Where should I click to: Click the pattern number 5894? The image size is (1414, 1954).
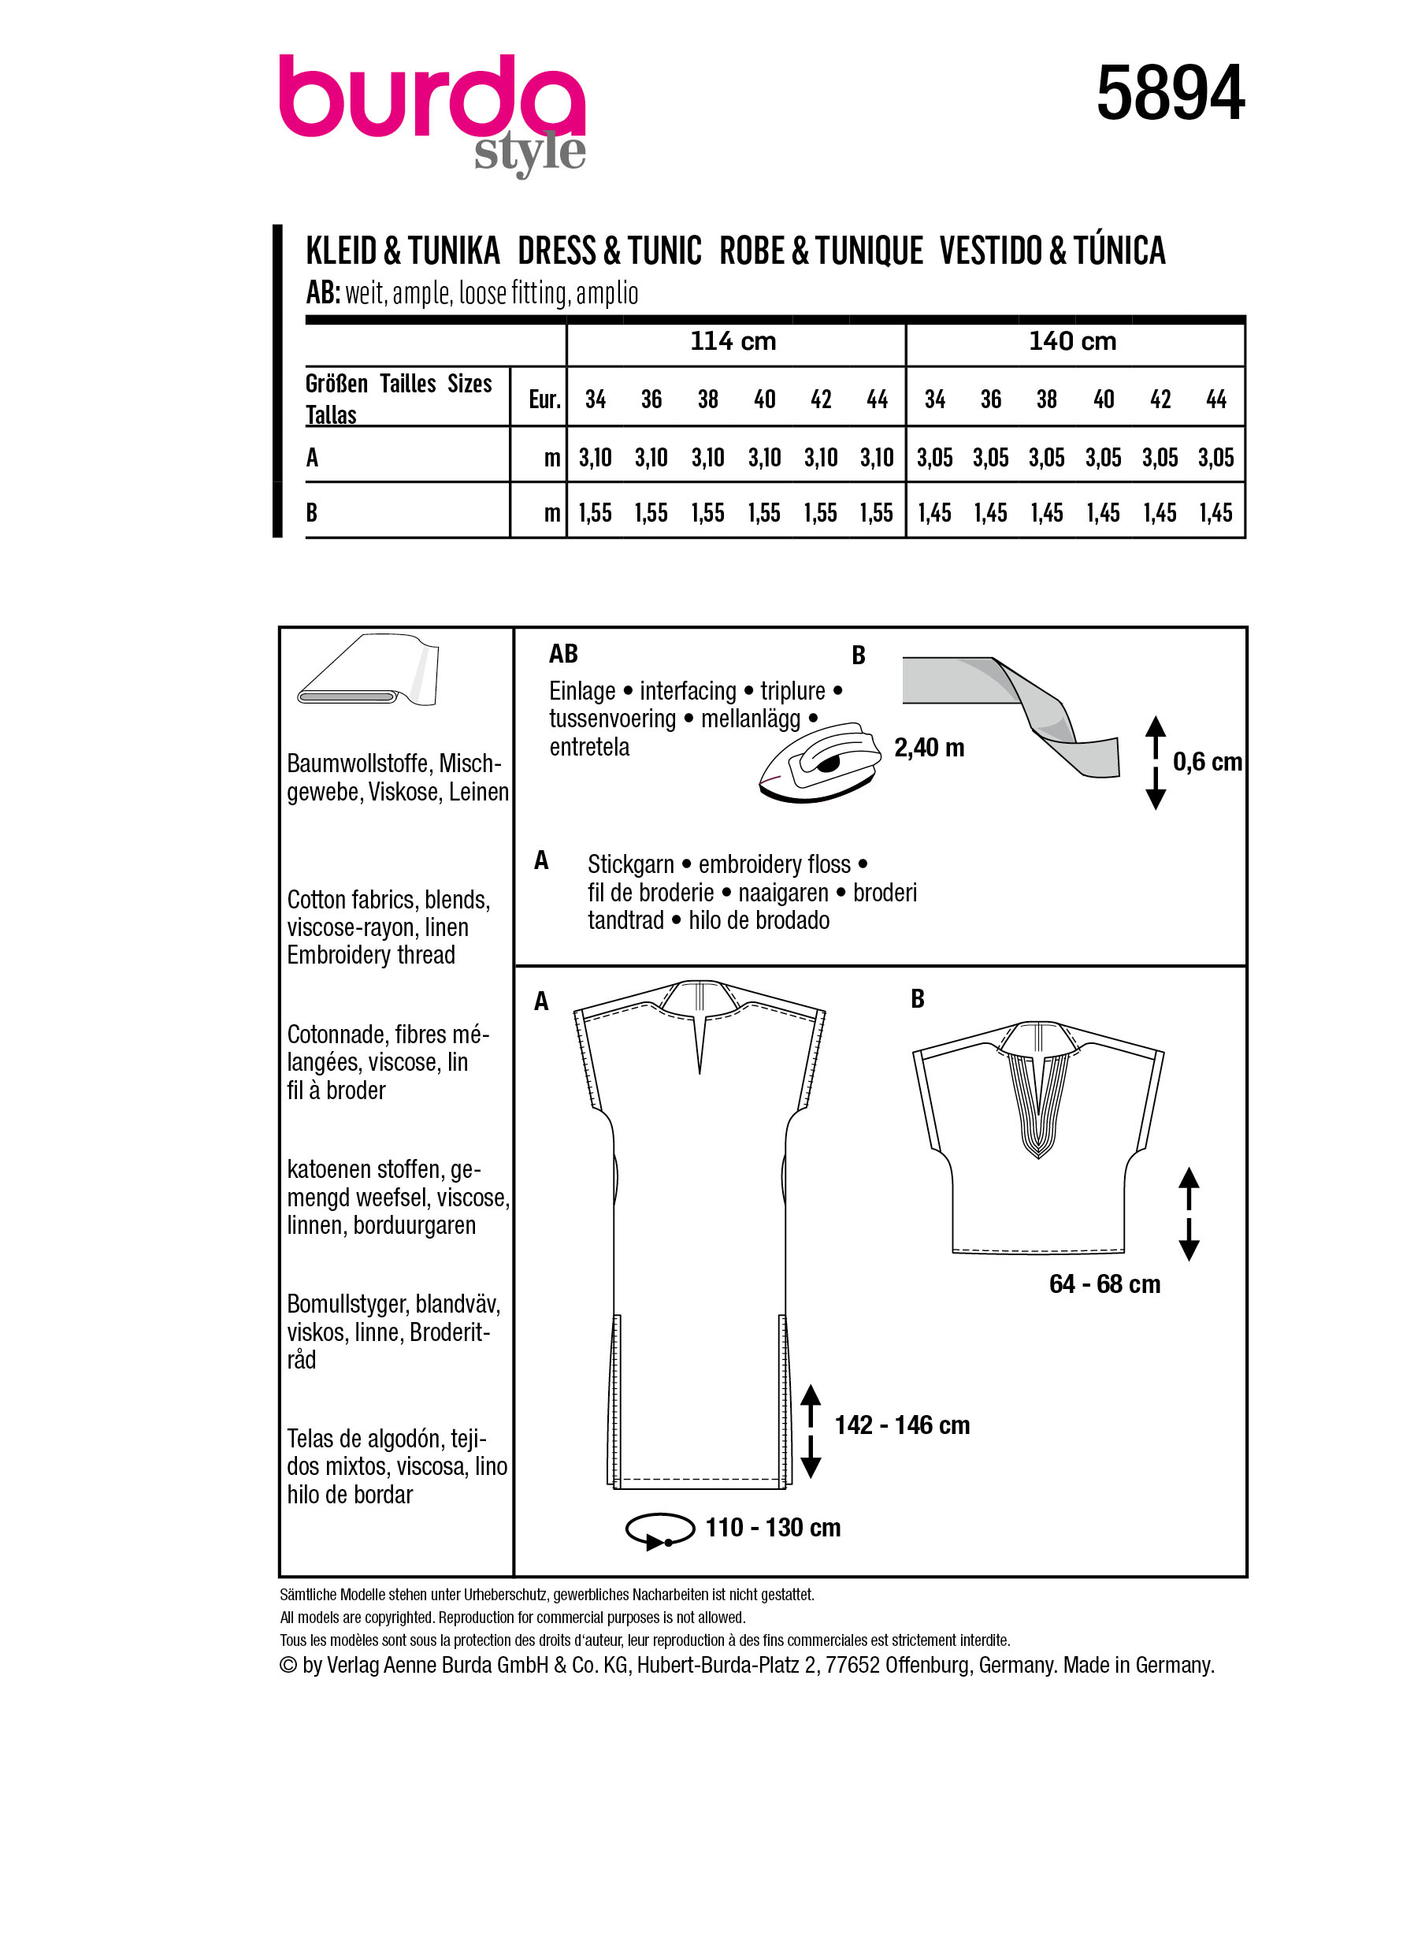click(1170, 93)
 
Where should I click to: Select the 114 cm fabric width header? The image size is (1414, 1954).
click(733, 342)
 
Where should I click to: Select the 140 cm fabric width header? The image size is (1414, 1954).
click(1072, 342)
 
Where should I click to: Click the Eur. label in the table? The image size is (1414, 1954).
click(544, 399)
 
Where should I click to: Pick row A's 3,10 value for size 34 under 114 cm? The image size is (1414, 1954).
click(595, 458)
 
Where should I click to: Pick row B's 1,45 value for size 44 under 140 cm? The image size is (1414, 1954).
click(1215, 514)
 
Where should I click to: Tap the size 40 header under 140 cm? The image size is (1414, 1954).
click(1103, 399)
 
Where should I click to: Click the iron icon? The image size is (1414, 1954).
click(820, 762)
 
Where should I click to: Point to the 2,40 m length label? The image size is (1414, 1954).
click(928, 748)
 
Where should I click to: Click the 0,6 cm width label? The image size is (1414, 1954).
click(1207, 762)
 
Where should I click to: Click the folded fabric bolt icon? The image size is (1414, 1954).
click(369, 671)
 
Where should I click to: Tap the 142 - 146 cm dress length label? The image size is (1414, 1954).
click(902, 1425)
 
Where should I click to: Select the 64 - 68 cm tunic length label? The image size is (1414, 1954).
click(1104, 1284)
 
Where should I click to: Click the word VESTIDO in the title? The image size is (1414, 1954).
click(990, 251)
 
